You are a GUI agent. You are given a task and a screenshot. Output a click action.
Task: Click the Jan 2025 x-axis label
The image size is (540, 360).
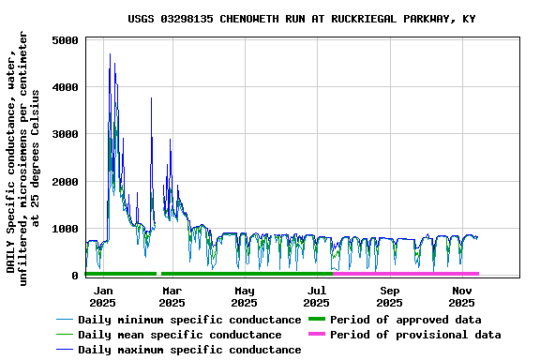(x=102, y=296)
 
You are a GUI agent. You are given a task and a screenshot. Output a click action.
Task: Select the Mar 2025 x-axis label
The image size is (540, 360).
(x=172, y=296)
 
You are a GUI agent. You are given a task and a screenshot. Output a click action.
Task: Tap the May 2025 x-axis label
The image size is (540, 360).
(x=244, y=296)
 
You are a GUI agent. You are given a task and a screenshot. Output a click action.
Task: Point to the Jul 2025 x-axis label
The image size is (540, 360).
(x=317, y=296)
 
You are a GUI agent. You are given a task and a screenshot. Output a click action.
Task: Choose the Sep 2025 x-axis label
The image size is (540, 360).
(x=389, y=296)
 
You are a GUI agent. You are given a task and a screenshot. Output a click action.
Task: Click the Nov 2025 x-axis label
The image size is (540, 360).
(x=461, y=296)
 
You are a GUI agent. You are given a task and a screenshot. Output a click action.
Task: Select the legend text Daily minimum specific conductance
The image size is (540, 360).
(x=188, y=320)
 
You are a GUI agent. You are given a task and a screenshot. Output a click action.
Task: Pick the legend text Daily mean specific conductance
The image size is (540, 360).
(x=179, y=335)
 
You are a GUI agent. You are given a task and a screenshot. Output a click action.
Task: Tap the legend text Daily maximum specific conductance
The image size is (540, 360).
(x=188, y=350)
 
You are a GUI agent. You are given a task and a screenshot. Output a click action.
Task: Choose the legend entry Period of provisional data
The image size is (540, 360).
(x=415, y=335)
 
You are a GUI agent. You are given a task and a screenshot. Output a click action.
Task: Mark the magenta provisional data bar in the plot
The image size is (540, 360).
(x=405, y=274)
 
